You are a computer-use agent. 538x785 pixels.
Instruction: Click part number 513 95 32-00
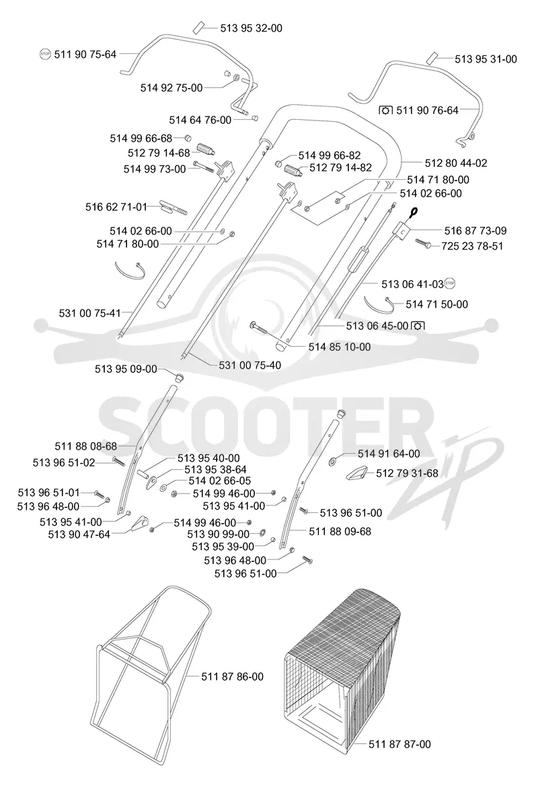click(x=251, y=28)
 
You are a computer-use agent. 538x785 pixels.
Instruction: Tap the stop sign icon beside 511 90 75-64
click(x=45, y=54)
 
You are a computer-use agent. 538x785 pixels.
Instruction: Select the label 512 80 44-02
click(x=455, y=163)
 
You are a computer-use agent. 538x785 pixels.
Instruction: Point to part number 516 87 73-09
click(x=475, y=231)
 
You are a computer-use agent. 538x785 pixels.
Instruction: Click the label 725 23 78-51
click(x=472, y=246)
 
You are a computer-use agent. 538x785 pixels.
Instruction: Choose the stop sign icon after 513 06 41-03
click(x=449, y=284)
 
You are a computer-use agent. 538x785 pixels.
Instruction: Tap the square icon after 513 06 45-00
click(x=417, y=326)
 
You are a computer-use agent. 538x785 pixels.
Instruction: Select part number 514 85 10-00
click(x=340, y=347)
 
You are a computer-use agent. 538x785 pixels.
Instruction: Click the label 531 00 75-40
click(x=250, y=366)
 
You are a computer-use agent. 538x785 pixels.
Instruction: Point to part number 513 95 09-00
click(x=126, y=369)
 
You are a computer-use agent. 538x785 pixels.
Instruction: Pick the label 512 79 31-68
click(x=407, y=473)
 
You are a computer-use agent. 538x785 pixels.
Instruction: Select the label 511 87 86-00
click(x=232, y=677)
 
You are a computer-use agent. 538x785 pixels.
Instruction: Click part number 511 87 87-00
click(x=399, y=745)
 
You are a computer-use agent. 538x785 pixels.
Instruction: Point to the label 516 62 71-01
click(x=116, y=207)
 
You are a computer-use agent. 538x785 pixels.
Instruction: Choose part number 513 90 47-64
click(x=79, y=535)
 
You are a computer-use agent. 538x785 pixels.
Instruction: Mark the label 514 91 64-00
click(x=389, y=454)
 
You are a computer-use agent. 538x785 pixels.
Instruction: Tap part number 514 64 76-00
click(x=200, y=120)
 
